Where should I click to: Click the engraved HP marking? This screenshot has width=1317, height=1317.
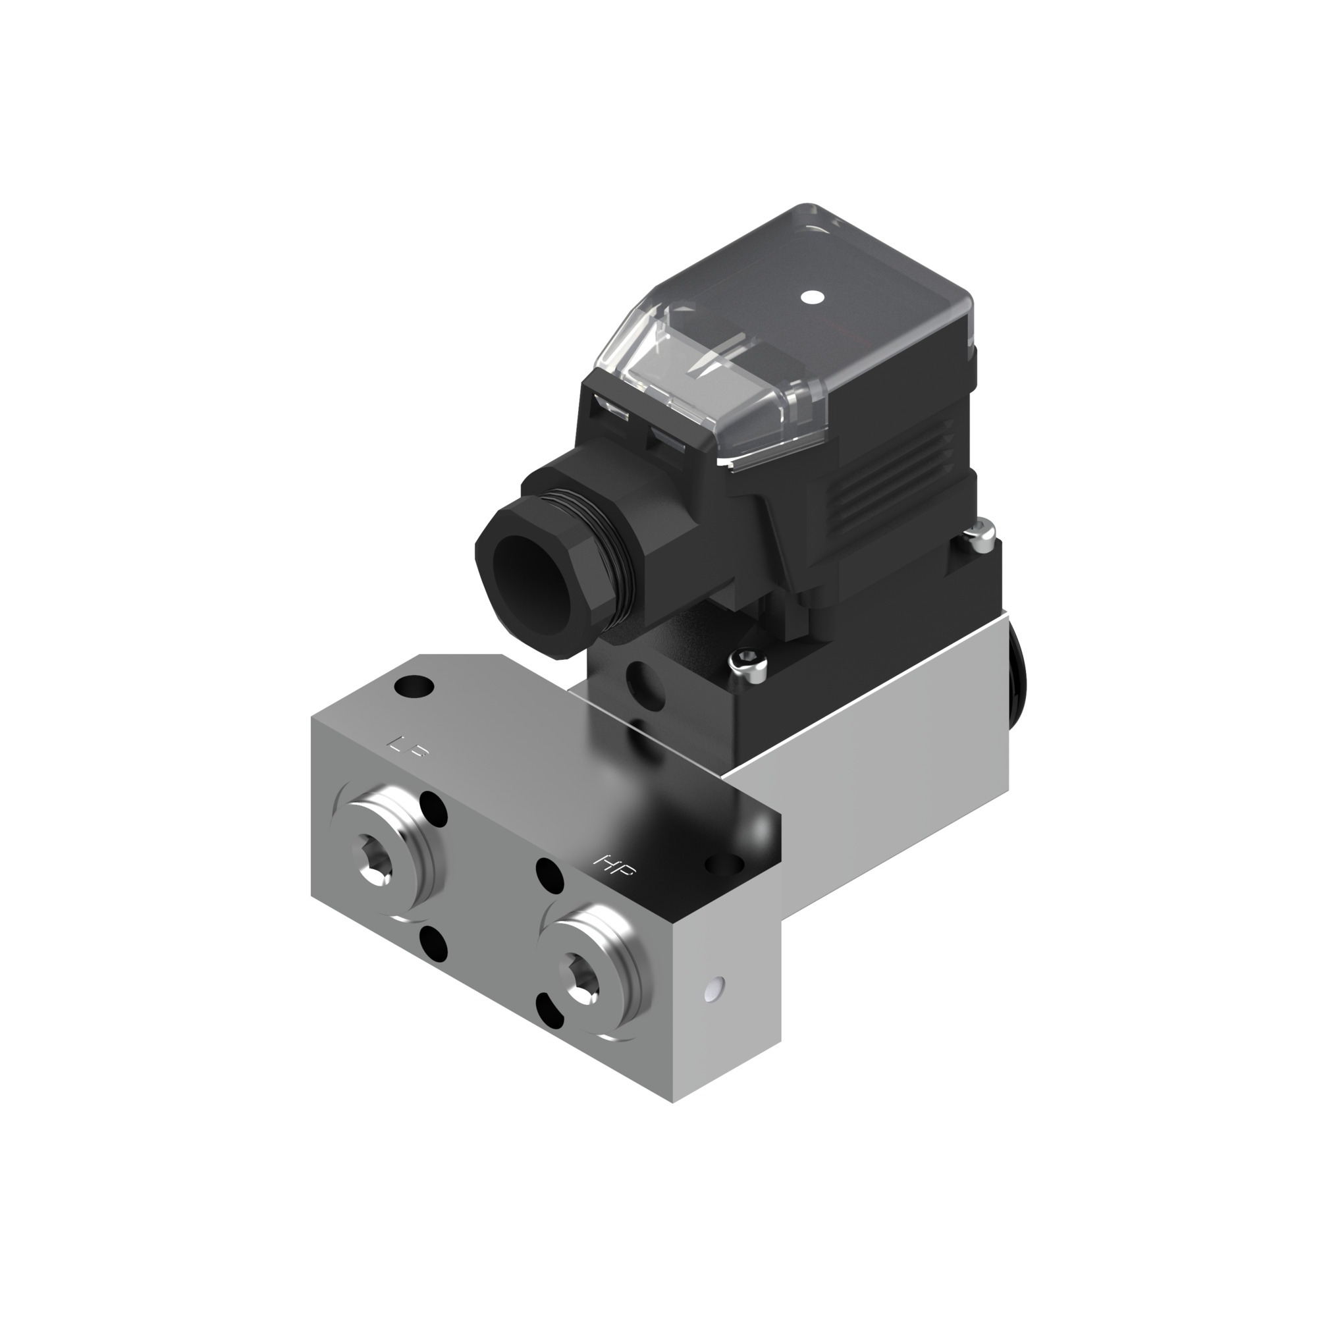point(614,866)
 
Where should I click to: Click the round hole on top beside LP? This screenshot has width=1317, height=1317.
point(413,684)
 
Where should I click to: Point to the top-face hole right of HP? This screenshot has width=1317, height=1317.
point(724,865)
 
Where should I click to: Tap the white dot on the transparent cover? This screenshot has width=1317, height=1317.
point(810,297)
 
